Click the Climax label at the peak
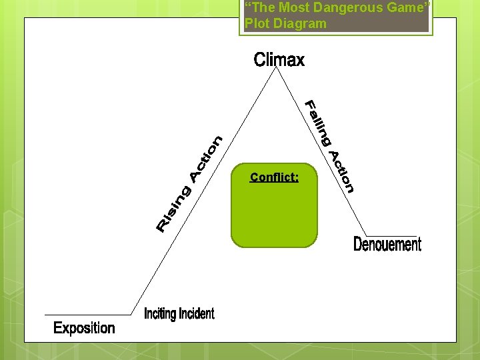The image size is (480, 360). tap(279, 60)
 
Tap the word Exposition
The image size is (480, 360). tap(84, 328)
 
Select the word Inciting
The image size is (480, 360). tap(160, 313)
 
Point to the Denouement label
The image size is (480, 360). tap(387, 245)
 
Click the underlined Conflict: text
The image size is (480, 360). tap(274, 177)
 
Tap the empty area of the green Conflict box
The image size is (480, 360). tap(274, 217)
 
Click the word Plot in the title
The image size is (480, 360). tap(257, 23)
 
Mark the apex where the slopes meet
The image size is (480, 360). tap(278, 69)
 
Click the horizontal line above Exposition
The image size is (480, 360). tap(87, 314)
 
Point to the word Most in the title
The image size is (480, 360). tap(295, 8)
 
